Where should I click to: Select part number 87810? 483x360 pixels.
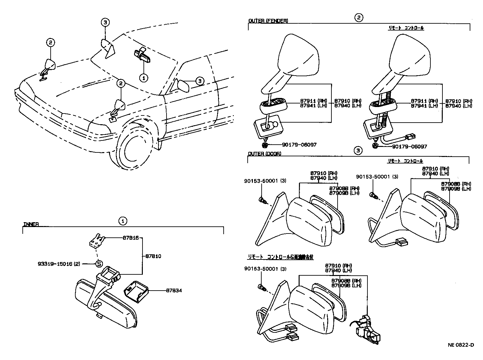coord(153,256)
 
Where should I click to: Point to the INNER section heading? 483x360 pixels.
coord(31,224)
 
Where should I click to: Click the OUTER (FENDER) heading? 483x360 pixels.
coord(268,21)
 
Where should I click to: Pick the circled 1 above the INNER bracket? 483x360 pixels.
coord(122,221)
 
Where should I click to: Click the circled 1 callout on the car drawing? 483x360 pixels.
coord(143,78)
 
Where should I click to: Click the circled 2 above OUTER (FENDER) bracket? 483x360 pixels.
coord(358,18)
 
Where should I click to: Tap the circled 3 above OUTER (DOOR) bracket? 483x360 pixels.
coord(358,150)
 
